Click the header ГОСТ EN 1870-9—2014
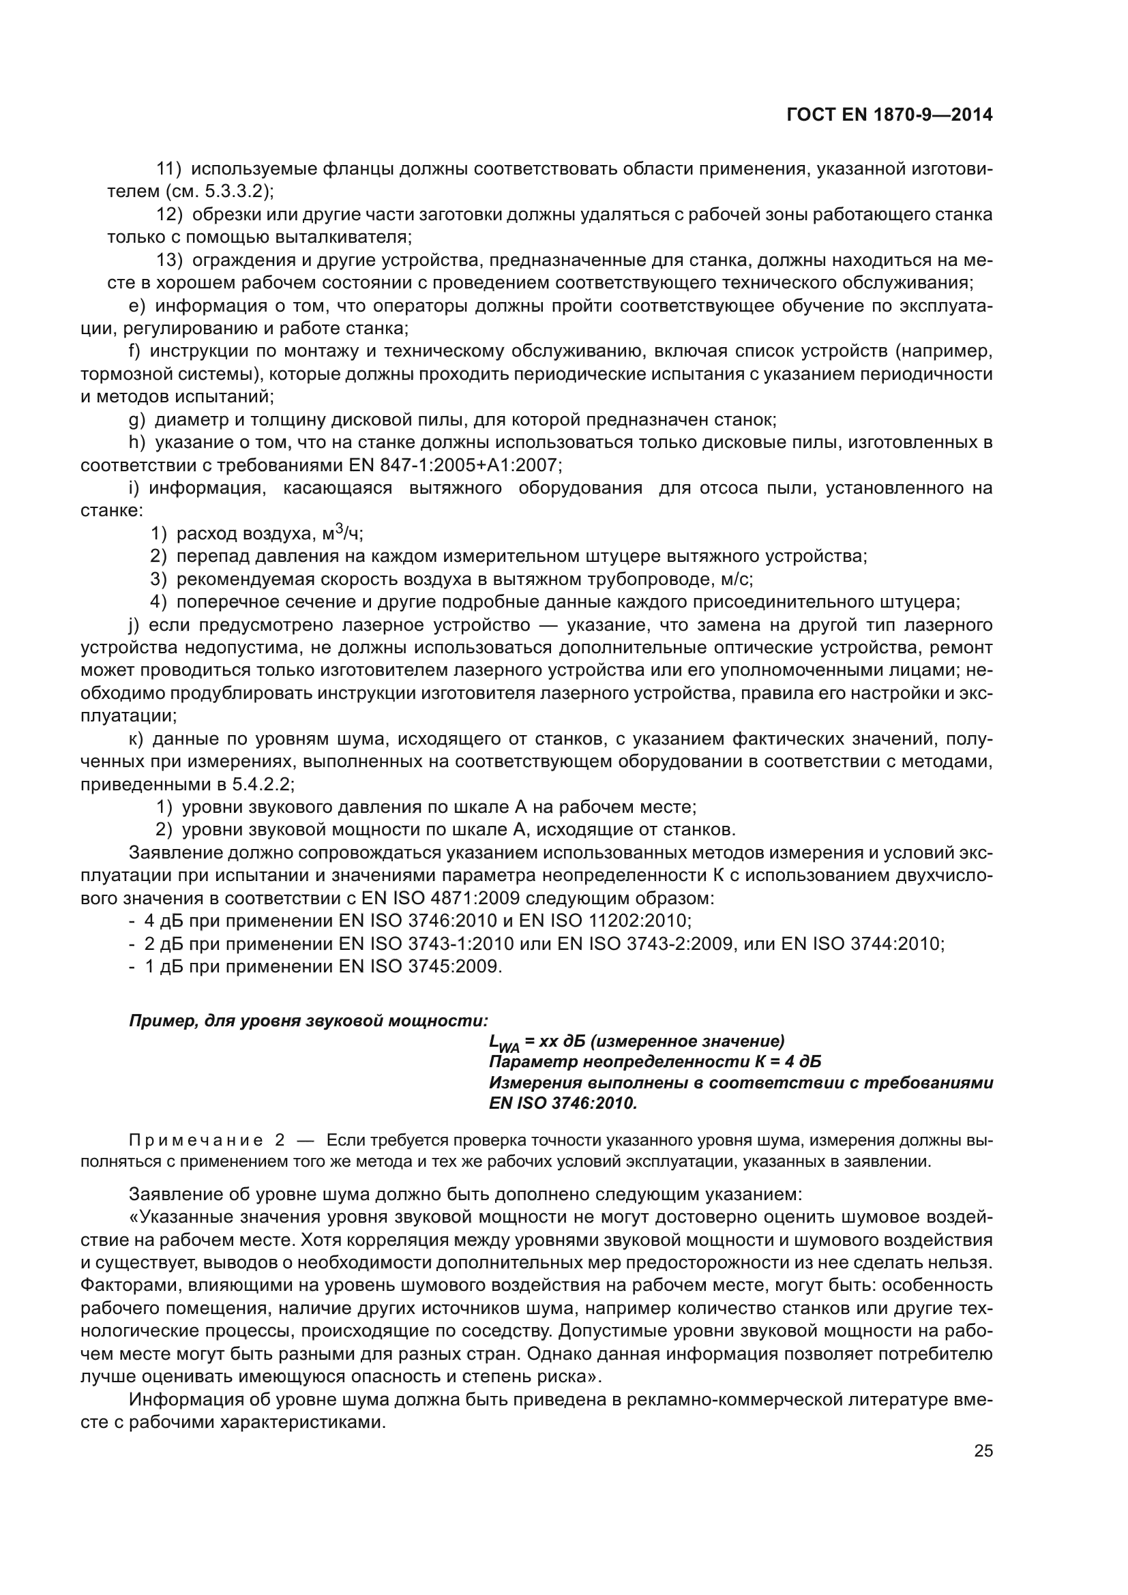[x=889, y=115]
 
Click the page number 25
[x=983, y=1450]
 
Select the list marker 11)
[x=168, y=169]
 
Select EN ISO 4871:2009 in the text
[x=441, y=898]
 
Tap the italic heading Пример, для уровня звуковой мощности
[x=308, y=1021]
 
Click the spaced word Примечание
[x=196, y=1141]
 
